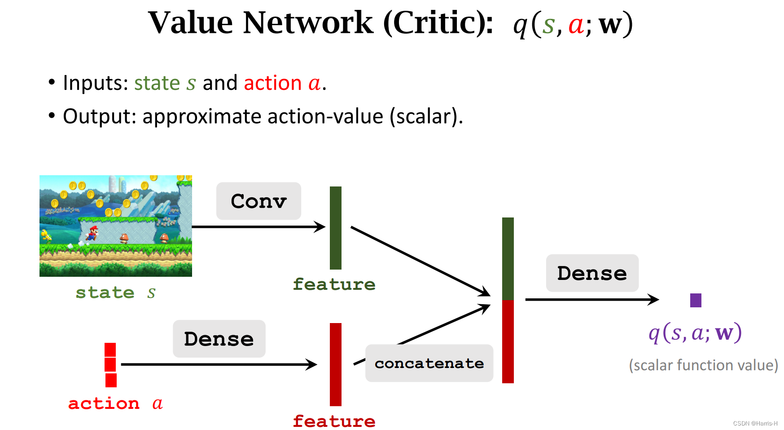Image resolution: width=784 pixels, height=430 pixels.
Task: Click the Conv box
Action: [258, 201]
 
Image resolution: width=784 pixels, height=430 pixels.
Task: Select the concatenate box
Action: [429, 363]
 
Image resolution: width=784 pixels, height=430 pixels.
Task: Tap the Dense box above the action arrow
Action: [219, 339]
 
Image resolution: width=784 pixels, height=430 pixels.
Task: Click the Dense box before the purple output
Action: [592, 273]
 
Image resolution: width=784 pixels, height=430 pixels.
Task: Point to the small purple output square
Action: [696, 300]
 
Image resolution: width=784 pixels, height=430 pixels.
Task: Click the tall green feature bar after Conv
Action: [335, 228]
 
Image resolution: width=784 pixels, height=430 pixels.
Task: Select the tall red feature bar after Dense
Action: [335, 364]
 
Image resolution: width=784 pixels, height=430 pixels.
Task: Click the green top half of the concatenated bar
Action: [508, 258]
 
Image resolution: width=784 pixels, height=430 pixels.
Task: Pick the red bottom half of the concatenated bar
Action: [508, 341]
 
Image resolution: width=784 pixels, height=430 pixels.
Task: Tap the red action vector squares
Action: [110, 365]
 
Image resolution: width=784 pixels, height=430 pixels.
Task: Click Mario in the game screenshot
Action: [93, 233]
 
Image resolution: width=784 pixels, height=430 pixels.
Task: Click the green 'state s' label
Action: [115, 293]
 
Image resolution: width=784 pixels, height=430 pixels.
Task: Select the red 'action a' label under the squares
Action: [115, 403]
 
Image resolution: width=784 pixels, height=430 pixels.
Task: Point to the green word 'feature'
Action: [334, 284]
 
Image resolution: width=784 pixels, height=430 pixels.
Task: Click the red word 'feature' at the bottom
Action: [334, 421]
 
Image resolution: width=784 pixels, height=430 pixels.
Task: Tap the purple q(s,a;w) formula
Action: [695, 333]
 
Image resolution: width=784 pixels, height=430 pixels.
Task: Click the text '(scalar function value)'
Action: [703, 365]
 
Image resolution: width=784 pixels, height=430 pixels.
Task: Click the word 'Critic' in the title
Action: [437, 22]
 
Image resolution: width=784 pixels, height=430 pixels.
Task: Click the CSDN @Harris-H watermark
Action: [755, 423]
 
